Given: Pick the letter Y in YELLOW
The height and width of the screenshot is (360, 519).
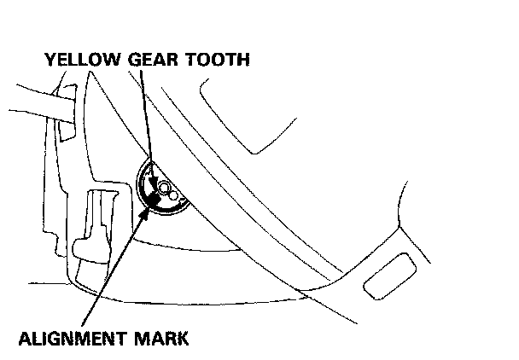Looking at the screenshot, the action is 52,60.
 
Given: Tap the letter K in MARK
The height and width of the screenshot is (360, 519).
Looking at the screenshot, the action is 181,337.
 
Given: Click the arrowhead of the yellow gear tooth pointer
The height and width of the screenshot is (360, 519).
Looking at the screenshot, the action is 153,182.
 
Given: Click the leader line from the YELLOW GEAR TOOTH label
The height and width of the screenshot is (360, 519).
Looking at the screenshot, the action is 145,119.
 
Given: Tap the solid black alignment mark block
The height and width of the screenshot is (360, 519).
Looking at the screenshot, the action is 153,197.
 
